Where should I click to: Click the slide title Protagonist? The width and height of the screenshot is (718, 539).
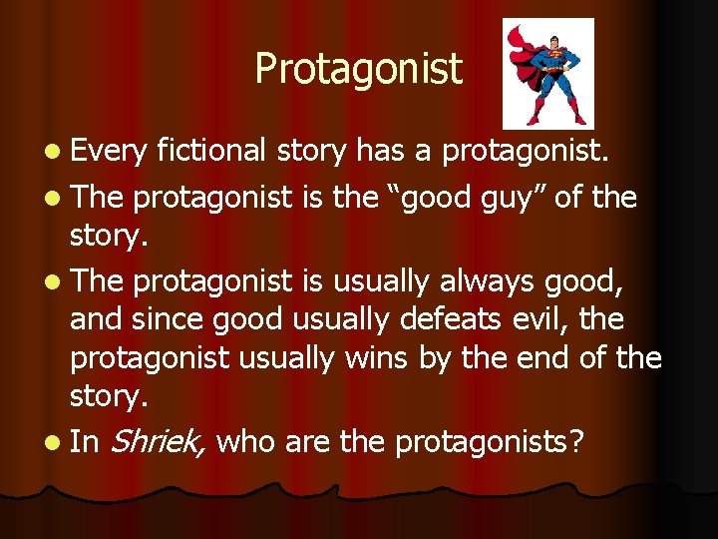358,69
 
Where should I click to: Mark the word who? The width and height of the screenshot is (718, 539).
245,441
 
